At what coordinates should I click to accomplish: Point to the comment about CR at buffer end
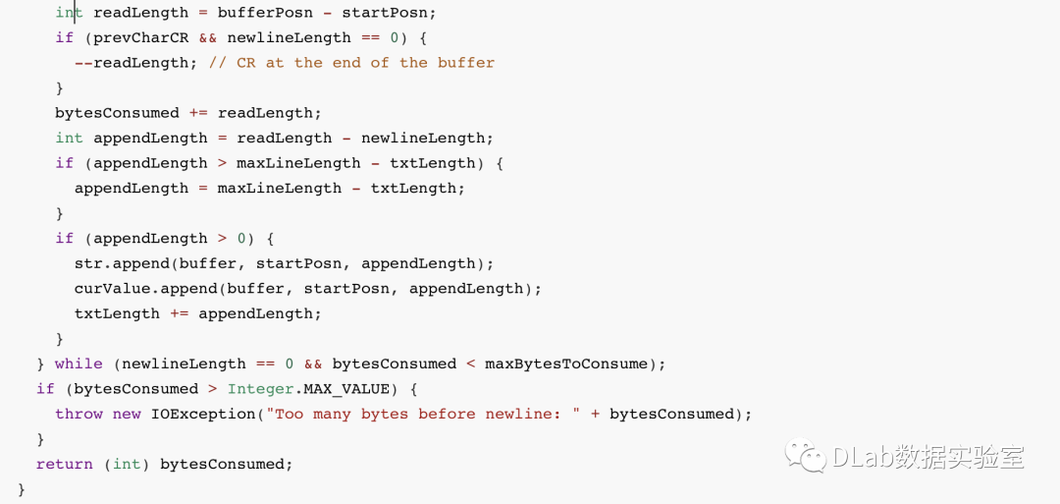[x=351, y=63]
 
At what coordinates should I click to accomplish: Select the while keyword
[x=79, y=364]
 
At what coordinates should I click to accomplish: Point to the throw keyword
[x=79, y=414]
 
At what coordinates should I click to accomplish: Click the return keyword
[x=65, y=464]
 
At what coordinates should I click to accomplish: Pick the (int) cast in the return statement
[x=127, y=464]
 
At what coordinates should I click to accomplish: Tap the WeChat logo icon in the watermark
[x=803, y=456]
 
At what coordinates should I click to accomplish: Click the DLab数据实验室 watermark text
[x=927, y=457]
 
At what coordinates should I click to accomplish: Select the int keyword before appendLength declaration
[x=69, y=138]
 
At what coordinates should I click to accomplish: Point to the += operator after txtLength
[x=179, y=313]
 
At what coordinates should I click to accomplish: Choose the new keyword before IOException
[x=127, y=414]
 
